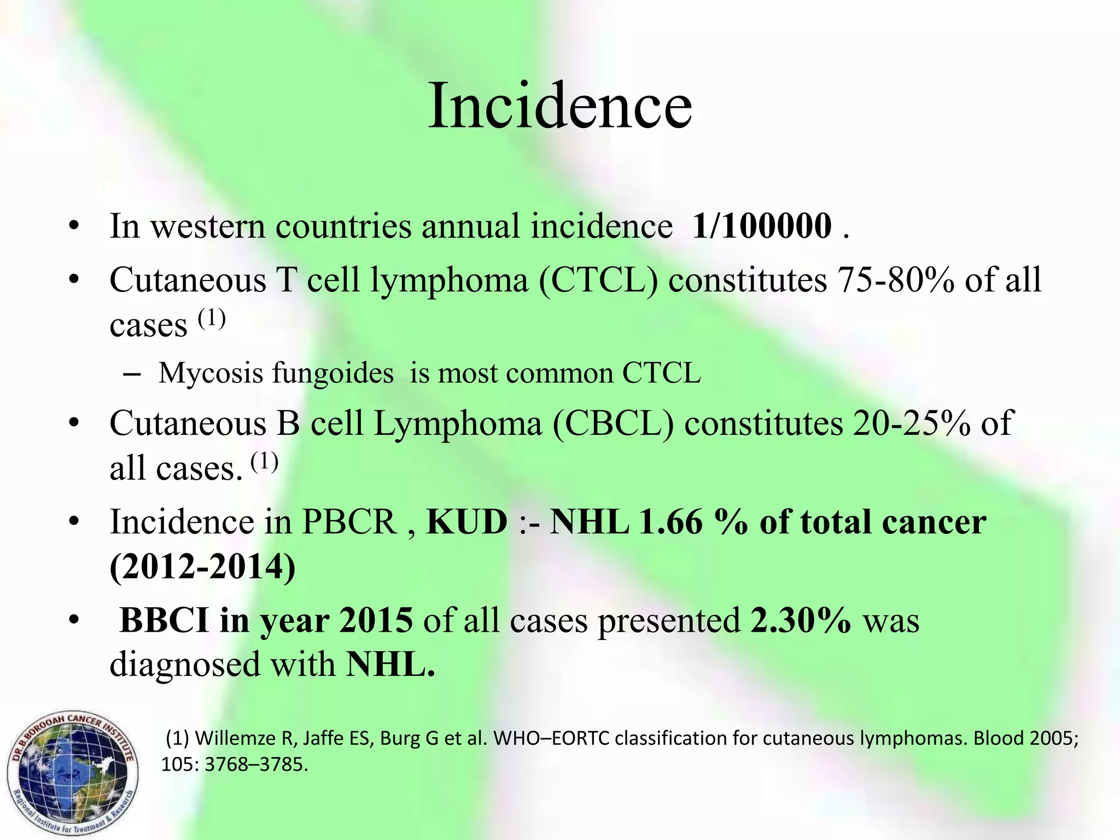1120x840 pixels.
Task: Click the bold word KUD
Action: (x=466, y=522)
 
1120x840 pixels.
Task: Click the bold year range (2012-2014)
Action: (x=202, y=567)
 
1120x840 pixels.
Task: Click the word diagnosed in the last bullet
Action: (x=185, y=665)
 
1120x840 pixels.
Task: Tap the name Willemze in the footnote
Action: (x=236, y=739)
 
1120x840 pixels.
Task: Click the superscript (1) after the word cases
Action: (x=211, y=318)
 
